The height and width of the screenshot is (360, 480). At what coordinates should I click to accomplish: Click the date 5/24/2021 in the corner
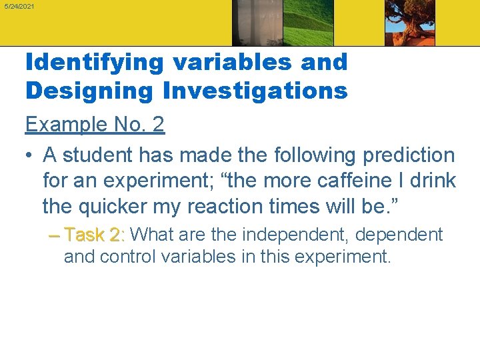19,6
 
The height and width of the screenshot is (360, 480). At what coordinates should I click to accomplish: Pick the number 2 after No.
157,124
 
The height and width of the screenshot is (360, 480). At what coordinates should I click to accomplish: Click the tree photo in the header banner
410,23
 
